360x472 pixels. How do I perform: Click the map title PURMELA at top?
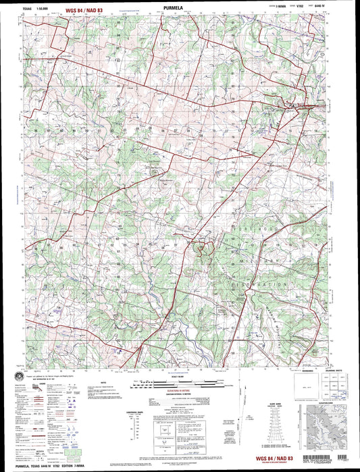(x=180, y=10)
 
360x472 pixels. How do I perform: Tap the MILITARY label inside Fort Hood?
(x=259, y=258)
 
